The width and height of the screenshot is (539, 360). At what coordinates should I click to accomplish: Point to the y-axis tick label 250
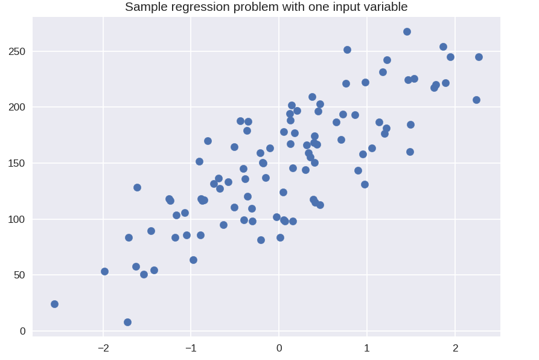pos(17,51)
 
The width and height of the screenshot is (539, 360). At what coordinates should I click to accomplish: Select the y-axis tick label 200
pos(17,108)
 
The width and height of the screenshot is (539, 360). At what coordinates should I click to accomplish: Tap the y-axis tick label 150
pos(17,163)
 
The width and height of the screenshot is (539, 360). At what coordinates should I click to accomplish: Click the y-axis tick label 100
pos(17,219)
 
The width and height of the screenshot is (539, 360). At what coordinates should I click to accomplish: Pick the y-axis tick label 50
pos(19,275)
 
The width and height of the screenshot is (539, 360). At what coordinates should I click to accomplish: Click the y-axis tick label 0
pos(23,331)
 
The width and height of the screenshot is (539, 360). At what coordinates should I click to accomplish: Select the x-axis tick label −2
pos(103,349)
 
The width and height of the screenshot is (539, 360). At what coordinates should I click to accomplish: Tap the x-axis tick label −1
pos(191,349)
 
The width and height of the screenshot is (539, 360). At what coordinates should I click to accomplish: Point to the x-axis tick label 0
pos(279,349)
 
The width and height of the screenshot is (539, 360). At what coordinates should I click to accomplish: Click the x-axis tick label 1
pos(367,349)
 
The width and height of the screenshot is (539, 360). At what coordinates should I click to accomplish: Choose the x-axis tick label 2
pos(456,349)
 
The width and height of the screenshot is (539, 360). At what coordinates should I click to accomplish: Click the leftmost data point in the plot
pos(54,304)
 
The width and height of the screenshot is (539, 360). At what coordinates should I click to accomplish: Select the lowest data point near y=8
pos(127,322)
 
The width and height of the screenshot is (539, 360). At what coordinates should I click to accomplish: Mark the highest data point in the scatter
pos(407,31)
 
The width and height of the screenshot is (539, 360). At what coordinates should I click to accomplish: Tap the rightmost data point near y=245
pos(479,57)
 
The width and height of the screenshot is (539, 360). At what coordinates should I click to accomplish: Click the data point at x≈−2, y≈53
pos(105,272)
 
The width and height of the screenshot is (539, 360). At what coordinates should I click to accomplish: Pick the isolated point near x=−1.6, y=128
pos(137,187)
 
